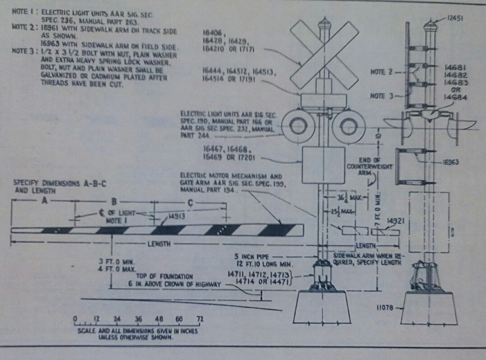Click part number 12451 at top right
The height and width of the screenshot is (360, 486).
click(x=458, y=17)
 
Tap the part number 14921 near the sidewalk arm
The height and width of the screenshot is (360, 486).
click(x=395, y=221)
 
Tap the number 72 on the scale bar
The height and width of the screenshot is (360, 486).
click(x=200, y=319)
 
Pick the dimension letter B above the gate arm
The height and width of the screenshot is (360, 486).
click(x=115, y=201)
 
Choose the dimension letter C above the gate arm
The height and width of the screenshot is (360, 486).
click(x=189, y=202)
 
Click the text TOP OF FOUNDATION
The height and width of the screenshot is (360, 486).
click(x=165, y=276)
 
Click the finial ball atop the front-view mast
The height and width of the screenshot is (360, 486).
click(x=324, y=23)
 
